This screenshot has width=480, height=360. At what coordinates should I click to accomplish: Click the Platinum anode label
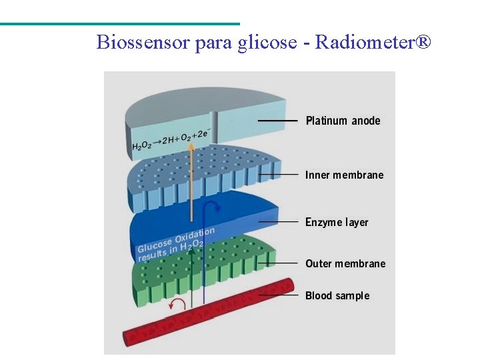tap(343, 121)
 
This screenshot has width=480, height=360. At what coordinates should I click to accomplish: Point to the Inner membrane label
tap(344, 175)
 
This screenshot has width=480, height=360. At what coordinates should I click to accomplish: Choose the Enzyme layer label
tap(337, 222)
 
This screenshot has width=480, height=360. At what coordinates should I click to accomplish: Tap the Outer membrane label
tap(345, 263)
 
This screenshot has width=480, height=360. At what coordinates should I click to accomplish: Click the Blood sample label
tap(337, 295)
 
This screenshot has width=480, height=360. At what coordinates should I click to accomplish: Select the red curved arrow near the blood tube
tap(177, 305)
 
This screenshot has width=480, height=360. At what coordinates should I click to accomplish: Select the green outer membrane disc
tap(200, 270)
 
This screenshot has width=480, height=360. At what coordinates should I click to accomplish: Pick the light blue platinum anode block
tap(207, 113)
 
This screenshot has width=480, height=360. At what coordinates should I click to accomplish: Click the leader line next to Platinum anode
tap(277, 121)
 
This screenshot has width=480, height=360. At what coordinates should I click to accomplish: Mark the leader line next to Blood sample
tap(278, 295)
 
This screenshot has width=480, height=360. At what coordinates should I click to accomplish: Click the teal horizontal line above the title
tap(120, 24)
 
